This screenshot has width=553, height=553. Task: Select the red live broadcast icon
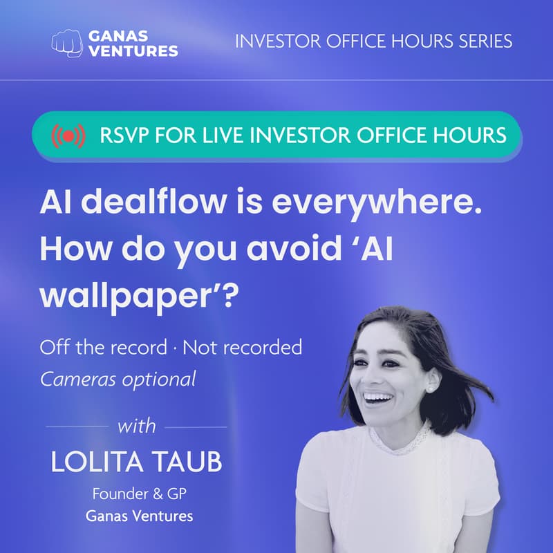(x=68, y=135)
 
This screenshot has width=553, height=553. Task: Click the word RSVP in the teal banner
(x=122, y=135)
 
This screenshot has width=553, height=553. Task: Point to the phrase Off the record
(x=104, y=346)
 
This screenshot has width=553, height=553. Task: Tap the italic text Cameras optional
(x=118, y=379)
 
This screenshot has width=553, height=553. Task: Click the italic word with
(x=137, y=426)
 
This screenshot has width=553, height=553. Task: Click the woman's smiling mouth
(x=378, y=399)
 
